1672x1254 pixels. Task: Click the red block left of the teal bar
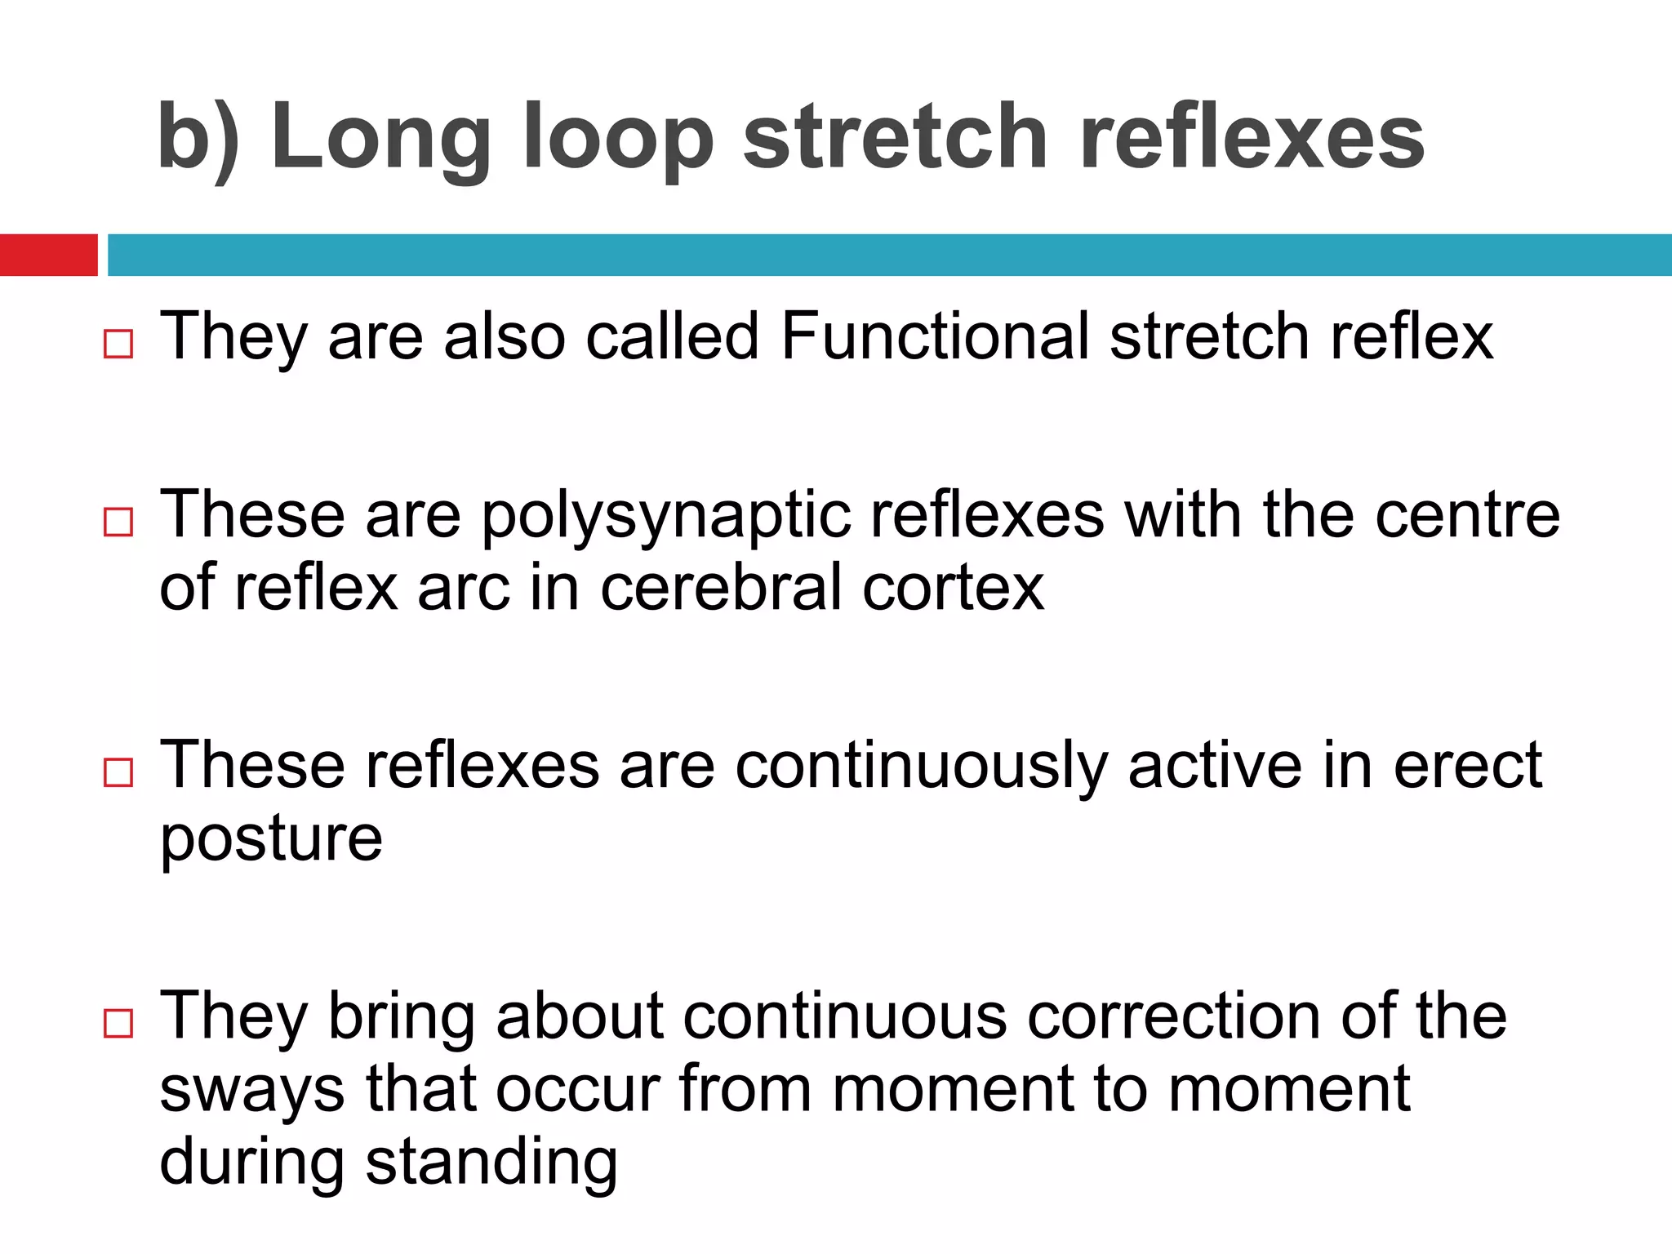click(x=48, y=255)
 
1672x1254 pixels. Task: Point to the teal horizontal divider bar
click(x=889, y=255)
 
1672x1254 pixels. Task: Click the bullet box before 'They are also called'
click(x=118, y=344)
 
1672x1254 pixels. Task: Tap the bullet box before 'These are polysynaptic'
click(x=118, y=522)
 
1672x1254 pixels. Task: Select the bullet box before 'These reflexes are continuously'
click(x=118, y=772)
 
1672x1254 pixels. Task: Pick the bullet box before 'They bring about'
click(x=118, y=1022)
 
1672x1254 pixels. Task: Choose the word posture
click(x=271, y=840)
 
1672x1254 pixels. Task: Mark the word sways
click(x=251, y=1090)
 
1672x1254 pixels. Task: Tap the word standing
click(x=491, y=1163)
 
